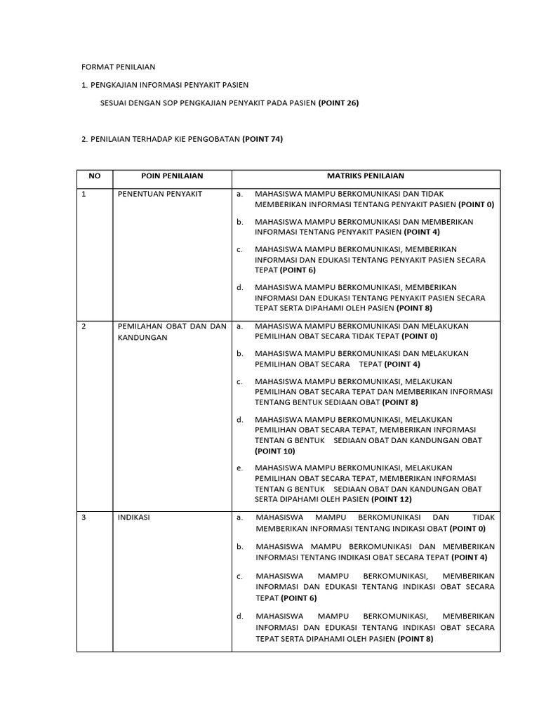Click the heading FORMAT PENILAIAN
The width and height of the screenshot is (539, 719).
[118, 67]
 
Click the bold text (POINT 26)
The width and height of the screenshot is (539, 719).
[338, 103]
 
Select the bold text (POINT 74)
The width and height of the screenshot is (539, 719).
[262, 139]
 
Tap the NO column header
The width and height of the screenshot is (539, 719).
[94, 176]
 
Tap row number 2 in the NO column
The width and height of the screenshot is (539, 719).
[84, 326]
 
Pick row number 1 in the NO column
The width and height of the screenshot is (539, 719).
[84, 194]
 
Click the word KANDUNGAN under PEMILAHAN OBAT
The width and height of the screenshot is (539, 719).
[143, 338]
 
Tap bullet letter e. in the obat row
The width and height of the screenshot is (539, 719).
[239, 468]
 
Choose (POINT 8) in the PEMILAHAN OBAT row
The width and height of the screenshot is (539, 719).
[400, 402]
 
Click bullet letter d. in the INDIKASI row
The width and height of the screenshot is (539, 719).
[239, 616]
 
